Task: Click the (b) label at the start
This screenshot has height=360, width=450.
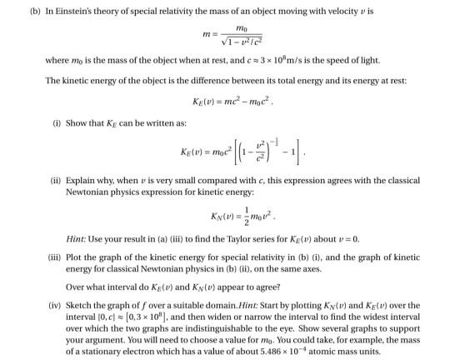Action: (11, 9)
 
